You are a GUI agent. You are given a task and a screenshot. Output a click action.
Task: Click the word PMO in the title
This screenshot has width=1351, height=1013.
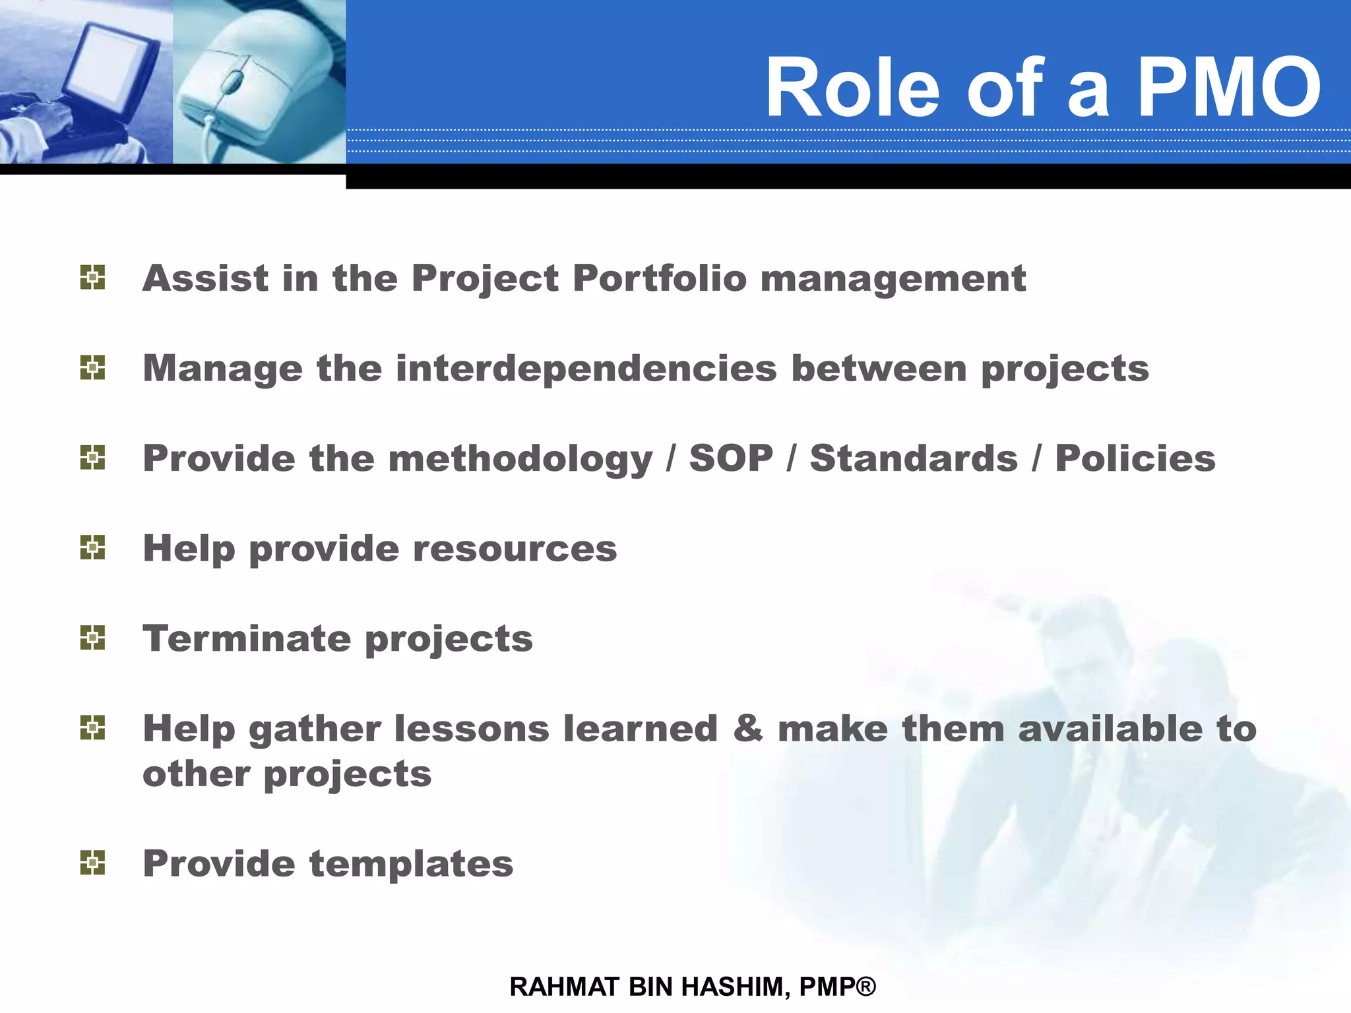pyautogui.click(x=1228, y=87)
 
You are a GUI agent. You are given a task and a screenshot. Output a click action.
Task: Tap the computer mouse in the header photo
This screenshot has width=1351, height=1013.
pyautogui.click(x=254, y=79)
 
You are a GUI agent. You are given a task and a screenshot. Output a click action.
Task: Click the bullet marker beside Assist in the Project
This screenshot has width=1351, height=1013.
pyautogui.click(x=92, y=278)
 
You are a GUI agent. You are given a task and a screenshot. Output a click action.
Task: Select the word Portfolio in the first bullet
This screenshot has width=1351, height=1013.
pyautogui.click(x=659, y=278)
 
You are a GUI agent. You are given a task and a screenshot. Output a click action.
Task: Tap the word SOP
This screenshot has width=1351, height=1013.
pyautogui.click(x=731, y=458)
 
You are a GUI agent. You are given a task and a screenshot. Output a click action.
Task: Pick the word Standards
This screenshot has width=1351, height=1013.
pyautogui.click(x=914, y=458)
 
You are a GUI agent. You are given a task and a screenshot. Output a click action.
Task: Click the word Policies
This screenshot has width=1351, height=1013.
pyautogui.click(x=1135, y=458)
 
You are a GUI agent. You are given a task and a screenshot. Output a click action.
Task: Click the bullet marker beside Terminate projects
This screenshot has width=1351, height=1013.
pyautogui.click(x=92, y=638)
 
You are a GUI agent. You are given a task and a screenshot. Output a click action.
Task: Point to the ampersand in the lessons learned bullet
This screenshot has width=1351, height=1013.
pyautogui.click(x=747, y=729)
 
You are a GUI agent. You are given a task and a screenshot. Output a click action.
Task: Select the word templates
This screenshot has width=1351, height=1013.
pyautogui.click(x=411, y=864)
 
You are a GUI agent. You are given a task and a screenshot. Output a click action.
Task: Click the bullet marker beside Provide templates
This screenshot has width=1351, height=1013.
pyautogui.click(x=92, y=863)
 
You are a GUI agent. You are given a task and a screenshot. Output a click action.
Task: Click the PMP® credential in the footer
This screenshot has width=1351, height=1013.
pyautogui.click(x=837, y=987)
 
